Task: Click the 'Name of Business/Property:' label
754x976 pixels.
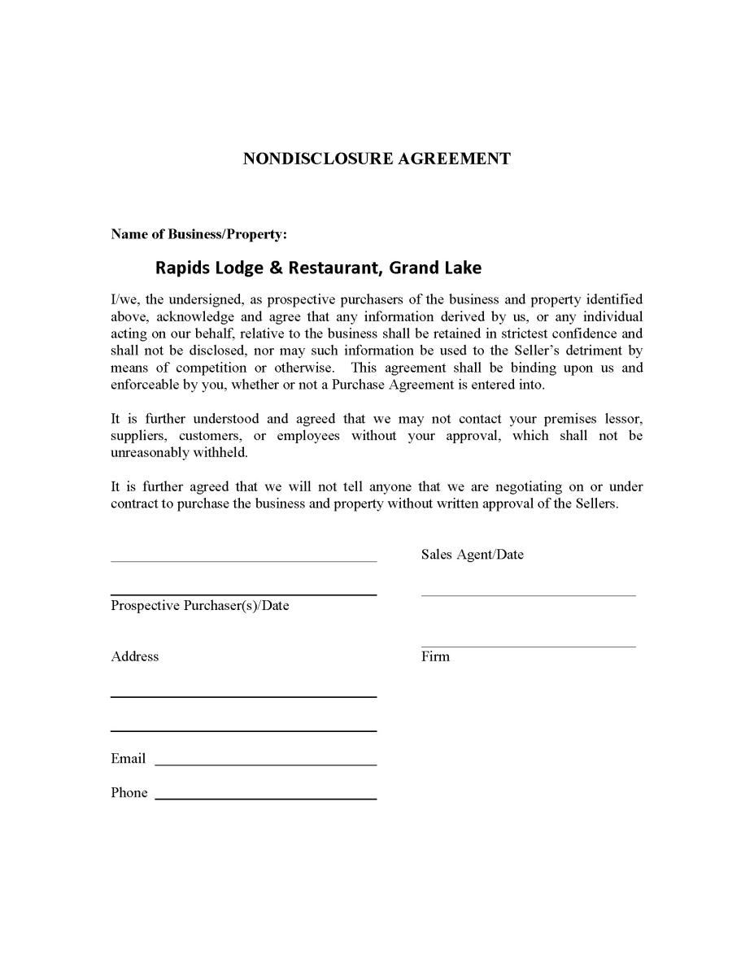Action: point(198,234)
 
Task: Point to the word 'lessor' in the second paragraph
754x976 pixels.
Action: point(623,419)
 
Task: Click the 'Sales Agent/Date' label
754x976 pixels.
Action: point(472,555)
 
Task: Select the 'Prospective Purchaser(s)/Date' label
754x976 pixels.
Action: point(200,606)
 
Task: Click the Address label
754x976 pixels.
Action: point(135,656)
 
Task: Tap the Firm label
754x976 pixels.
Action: point(435,656)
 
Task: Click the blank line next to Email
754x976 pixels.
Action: point(265,765)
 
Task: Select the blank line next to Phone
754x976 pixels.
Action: point(265,799)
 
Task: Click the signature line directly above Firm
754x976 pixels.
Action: point(528,647)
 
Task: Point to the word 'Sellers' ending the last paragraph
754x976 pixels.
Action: point(597,504)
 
